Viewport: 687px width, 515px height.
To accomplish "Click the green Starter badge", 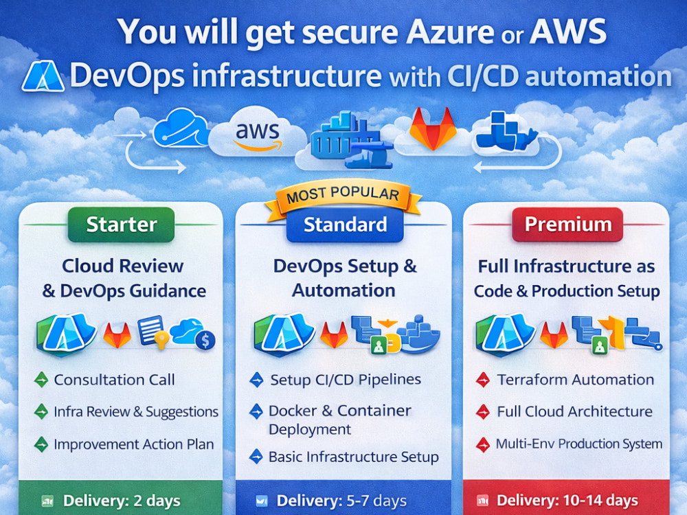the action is pos(122,225).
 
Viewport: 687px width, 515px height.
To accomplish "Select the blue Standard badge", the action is pos(345,225).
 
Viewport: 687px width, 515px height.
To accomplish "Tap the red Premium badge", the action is pos(568,225).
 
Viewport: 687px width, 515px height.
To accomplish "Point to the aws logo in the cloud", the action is pos(258,135).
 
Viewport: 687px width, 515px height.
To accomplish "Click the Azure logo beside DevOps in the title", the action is pos(43,76).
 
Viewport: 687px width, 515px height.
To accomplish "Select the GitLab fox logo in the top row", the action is pos(433,128).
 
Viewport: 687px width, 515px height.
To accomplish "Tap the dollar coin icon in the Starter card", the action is pos(205,340).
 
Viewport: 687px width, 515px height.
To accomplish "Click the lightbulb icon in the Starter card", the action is pos(161,340).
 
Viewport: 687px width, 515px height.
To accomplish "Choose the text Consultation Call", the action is pos(114,380).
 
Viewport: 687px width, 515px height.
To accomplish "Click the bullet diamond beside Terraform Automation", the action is pos(483,380).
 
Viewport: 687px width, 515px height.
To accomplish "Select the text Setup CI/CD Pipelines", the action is pos(346,380).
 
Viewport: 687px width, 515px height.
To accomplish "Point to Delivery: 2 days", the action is pos(122,501).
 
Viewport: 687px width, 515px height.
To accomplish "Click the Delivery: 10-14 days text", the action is pos(567,500).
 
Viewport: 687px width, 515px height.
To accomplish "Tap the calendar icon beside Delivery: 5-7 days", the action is pos(262,501).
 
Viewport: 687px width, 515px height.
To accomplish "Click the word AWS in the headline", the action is pos(568,32).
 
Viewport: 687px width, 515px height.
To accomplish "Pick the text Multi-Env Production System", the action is pos(578,444).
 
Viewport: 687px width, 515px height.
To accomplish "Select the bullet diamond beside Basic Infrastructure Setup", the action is pos(256,457).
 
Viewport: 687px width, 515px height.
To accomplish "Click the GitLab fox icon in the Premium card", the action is pos(554,335).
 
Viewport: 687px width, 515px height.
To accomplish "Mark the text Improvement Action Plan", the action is pos(134,444).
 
